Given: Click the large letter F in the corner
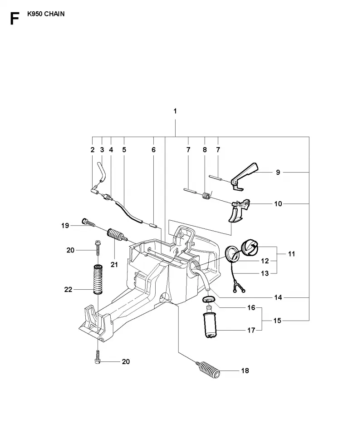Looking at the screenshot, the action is (14, 19).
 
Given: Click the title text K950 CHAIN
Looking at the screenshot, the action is (46, 14).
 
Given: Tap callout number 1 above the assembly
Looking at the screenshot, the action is (175, 111).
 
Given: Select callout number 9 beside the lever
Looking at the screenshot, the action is (278, 172).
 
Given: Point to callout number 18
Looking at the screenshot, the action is (245, 371).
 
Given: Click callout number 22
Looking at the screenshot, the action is (68, 290).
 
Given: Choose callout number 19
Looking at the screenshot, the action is (65, 226).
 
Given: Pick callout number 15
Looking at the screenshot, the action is (277, 321).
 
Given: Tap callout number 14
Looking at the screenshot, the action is (278, 297).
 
